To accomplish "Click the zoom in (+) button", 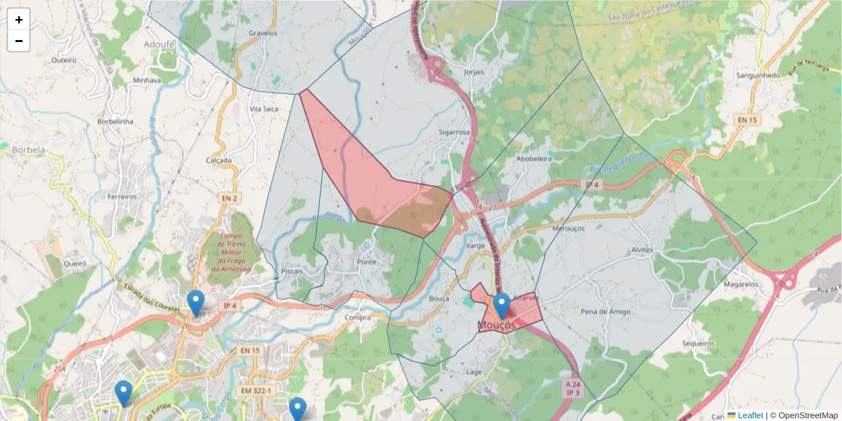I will pyautogui.click(x=19, y=20).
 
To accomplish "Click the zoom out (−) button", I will pyautogui.click(x=19, y=41).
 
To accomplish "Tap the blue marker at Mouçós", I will pyautogui.click(x=501, y=306).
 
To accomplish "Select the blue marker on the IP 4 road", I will pyautogui.click(x=196, y=303).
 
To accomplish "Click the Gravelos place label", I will pyautogui.click(x=263, y=33).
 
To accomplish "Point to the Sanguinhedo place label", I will pyautogui.click(x=757, y=75).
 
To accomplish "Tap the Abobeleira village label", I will pyautogui.click(x=534, y=159).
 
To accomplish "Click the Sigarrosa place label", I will pyautogui.click(x=454, y=132).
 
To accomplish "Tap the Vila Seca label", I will pyautogui.click(x=265, y=109).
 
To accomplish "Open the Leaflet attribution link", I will pyautogui.click(x=749, y=415).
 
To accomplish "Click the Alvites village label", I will pyautogui.click(x=641, y=250).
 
